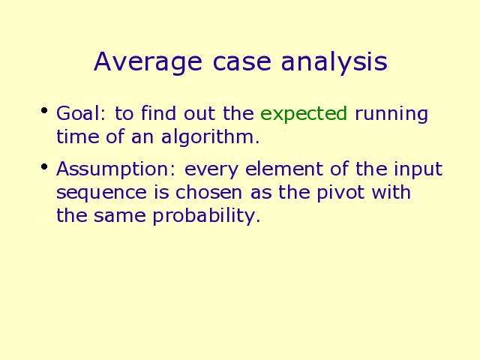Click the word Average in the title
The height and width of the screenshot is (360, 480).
[148, 62]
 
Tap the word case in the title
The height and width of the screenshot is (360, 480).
[241, 61]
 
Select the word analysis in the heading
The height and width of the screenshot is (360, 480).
[334, 62]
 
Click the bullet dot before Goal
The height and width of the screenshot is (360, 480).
[44, 110]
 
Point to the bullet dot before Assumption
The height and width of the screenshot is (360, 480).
[44, 166]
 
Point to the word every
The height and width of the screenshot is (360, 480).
[211, 171]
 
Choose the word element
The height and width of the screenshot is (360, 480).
[284, 169]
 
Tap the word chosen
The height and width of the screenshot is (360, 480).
[208, 192]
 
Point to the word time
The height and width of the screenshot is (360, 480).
[78, 136]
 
